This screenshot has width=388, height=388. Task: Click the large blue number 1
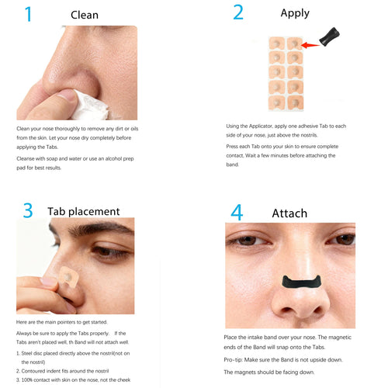pyautogui.click(x=28, y=14)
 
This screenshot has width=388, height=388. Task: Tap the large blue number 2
pyautogui.click(x=238, y=13)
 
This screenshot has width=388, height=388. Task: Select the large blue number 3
pyautogui.click(x=27, y=210)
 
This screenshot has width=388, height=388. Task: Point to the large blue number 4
pyautogui.click(x=237, y=212)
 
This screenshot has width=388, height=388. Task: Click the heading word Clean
pyautogui.click(x=84, y=15)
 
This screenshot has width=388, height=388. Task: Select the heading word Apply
pyautogui.click(x=294, y=13)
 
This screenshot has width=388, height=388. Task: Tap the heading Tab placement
pyautogui.click(x=84, y=211)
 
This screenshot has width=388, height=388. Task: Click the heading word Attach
pyautogui.click(x=289, y=213)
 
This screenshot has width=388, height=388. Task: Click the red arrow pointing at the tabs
pyautogui.click(x=313, y=45)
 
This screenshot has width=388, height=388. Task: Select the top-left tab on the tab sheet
pyautogui.click(x=276, y=44)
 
